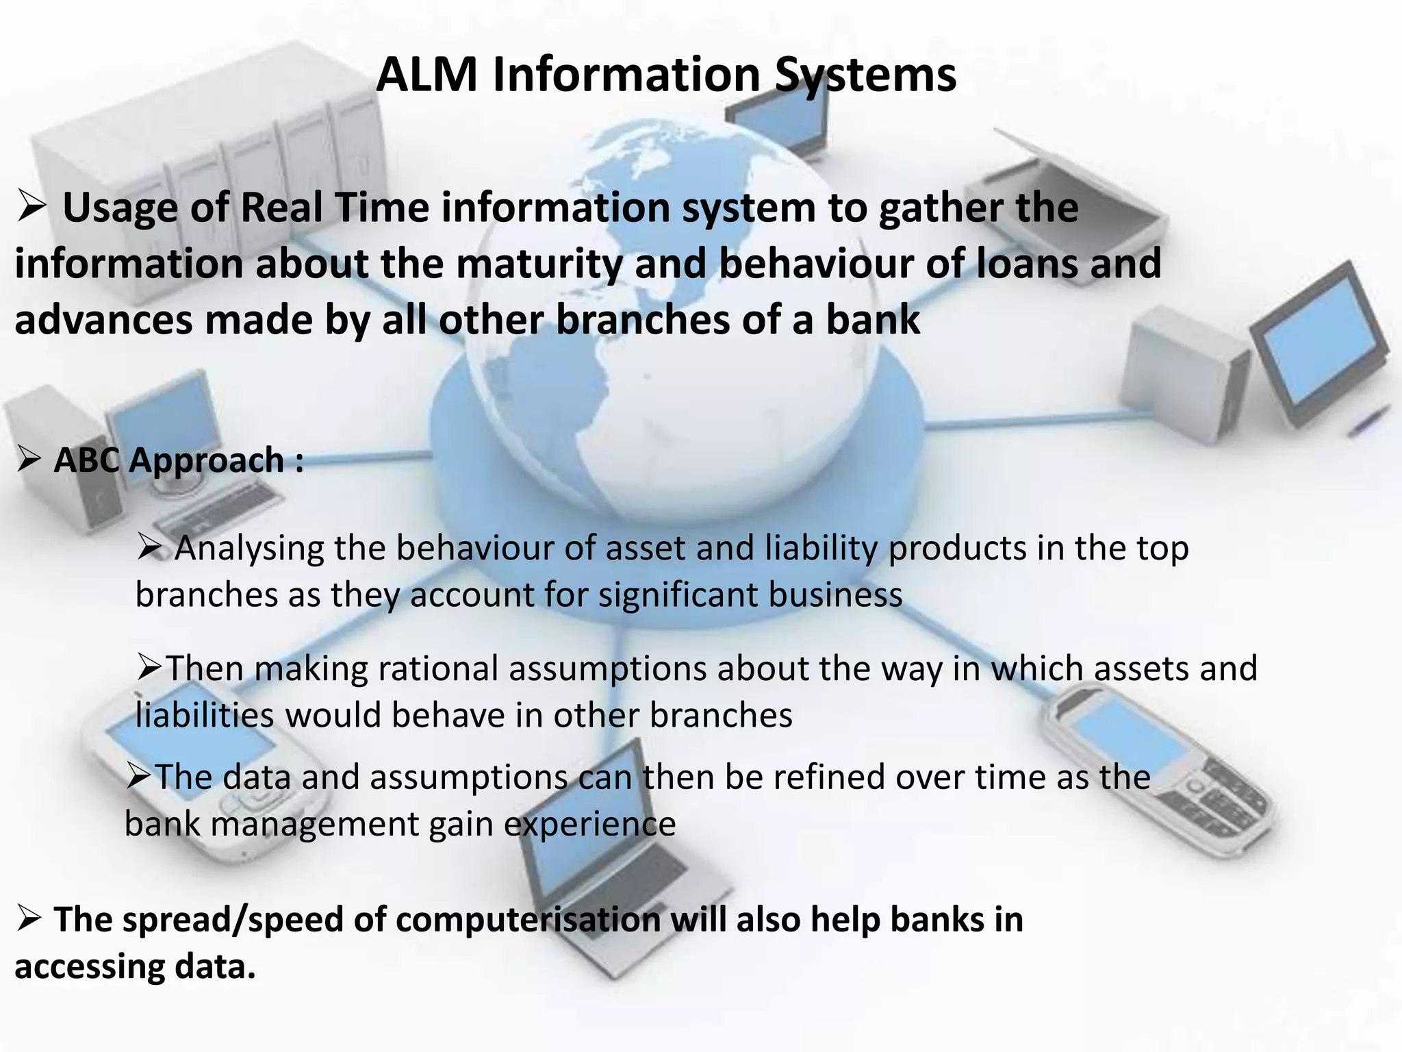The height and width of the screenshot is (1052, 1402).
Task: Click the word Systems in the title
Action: coord(865,75)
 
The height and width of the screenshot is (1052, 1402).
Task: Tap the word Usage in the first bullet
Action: coord(120,208)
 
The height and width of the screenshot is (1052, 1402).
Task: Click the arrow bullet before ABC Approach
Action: coord(30,460)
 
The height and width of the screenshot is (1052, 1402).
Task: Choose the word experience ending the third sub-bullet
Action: coord(590,824)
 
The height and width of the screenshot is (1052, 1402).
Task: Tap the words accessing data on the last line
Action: coord(135,967)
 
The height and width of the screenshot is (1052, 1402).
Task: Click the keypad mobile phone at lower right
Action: coord(1164,767)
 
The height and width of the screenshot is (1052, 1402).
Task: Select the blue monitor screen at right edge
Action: coord(1318,342)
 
